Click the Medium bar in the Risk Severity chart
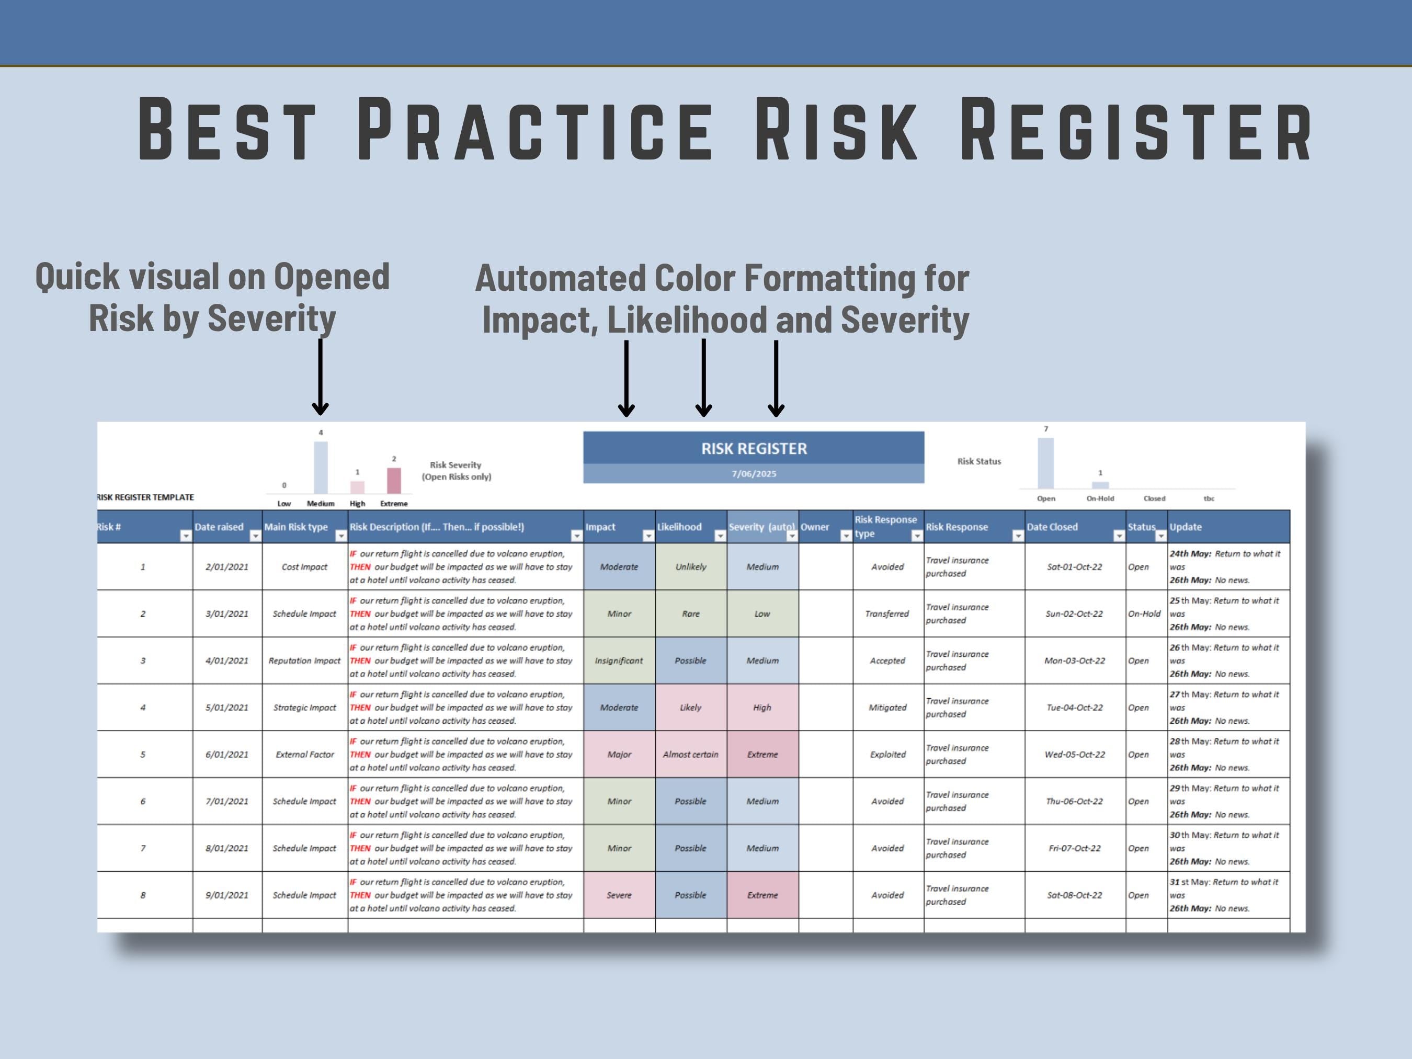click(x=321, y=466)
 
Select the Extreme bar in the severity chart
click(x=394, y=481)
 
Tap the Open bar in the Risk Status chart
click(x=1045, y=463)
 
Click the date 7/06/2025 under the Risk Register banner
click(x=754, y=474)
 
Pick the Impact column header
click(x=601, y=527)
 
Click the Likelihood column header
click(x=679, y=527)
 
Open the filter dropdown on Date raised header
click(x=255, y=536)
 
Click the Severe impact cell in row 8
click(x=619, y=895)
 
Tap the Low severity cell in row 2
click(x=762, y=613)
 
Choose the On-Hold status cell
click(x=1144, y=613)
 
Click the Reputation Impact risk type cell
click(x=304, y=661)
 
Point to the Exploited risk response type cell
click(x=887, y=754)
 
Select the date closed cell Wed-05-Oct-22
click(x=1074, y=754)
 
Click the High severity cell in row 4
click(x=762, y=707)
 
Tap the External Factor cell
click(x=304, y=754)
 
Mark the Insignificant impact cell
click(x=619, y=661)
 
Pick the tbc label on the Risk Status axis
click(x=1209, y=498)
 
